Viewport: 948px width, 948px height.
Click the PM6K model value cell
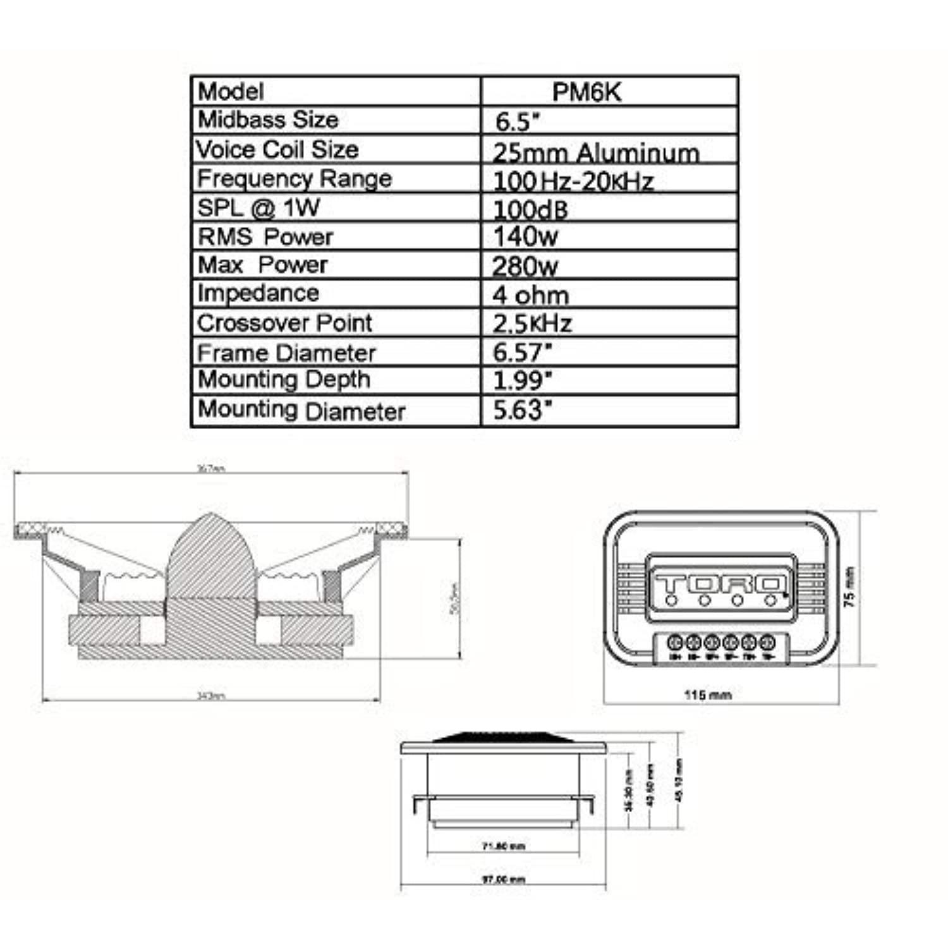[x=586, y=92]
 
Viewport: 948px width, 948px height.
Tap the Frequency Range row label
[x=295, y=179]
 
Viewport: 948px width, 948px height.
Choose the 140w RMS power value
[x=525, y=237]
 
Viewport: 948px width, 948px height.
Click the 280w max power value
[x=525, y=266]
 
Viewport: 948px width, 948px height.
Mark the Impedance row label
[x=258, y=293]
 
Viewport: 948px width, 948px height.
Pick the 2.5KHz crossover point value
[x=532, y=324]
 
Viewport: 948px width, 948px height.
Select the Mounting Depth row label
[x=284, y=380]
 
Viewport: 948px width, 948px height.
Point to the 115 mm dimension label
[x=708, y=695]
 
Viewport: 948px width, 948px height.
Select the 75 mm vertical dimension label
[x=851, y=588]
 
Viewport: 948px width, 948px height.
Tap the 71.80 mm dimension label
[x=504, y=846]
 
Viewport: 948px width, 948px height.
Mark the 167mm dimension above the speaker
[x=211, y=469]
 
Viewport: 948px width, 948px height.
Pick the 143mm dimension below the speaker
[x=211, y=696]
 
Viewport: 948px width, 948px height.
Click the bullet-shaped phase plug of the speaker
[x=212, y=556]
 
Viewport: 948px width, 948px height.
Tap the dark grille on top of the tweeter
[x=504, y=737]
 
